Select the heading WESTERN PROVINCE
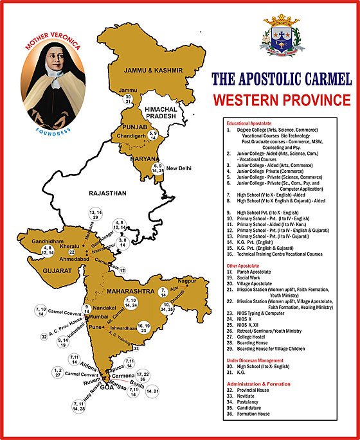(x=282, y=101)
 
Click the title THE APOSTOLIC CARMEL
(x=282, y=80)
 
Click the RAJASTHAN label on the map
(x=109, y=192)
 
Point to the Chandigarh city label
(x=130, y=137)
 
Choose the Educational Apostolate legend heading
(x=254, y=123)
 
